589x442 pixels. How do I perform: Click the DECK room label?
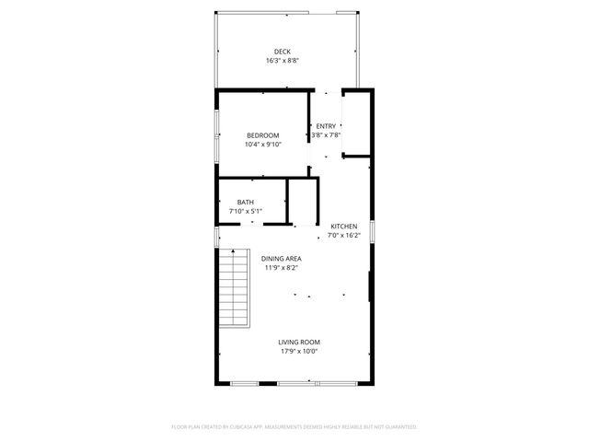pos(283,52)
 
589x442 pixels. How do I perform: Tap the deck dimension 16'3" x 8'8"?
pos(283,61)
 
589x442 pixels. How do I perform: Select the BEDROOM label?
pos(262,135)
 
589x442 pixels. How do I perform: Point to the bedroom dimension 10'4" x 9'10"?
pos(262,145)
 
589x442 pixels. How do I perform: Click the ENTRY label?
pos(326,126)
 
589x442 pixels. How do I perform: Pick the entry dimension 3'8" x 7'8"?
pos(326,135)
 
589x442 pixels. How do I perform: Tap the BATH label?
pos(245,203)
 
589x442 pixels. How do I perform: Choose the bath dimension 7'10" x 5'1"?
pos(245,212)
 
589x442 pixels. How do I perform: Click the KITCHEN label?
pos(344,227)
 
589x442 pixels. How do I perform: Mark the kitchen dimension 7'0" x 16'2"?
pos(344,236)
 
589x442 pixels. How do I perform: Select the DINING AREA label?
pos(281,259)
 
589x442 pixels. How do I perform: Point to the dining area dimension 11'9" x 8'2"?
pos(281,268)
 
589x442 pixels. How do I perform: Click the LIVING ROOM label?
pos(299,342)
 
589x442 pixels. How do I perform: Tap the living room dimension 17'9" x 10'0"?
pos(299,351)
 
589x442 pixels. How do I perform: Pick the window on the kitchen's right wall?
pos(371,231)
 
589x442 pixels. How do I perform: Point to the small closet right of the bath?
pos(303,202)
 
